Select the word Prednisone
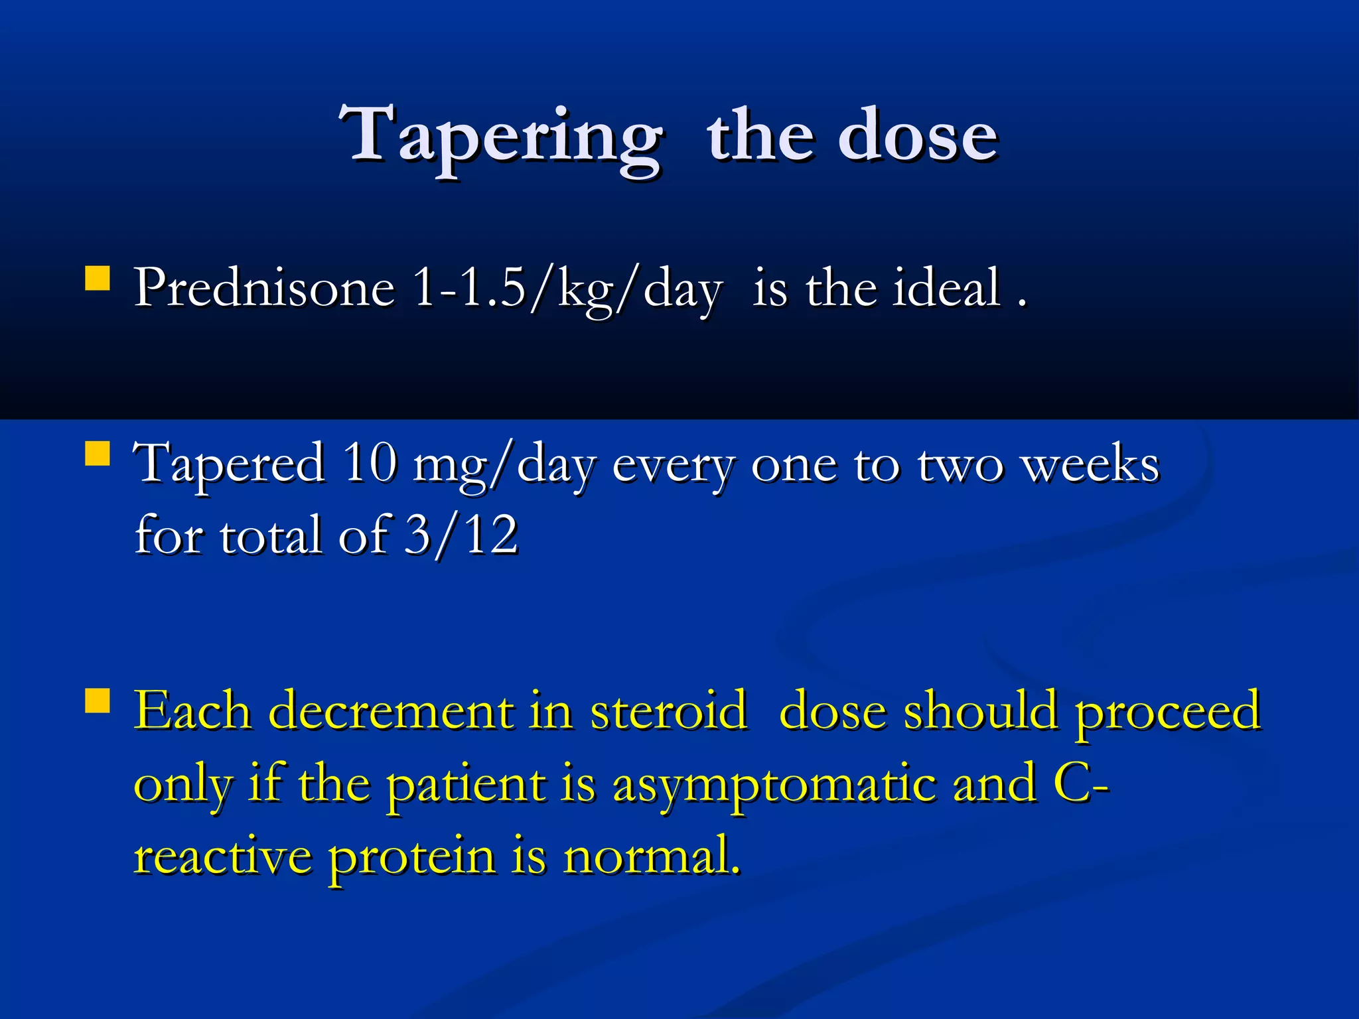pos(265,289)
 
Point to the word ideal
pos(946,289)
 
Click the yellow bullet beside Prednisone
pos(98,279)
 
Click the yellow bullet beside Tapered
pos(98,454)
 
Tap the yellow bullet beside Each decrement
pos(98,700)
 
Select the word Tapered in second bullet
pos(229,464)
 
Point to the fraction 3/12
pos(461,535)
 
